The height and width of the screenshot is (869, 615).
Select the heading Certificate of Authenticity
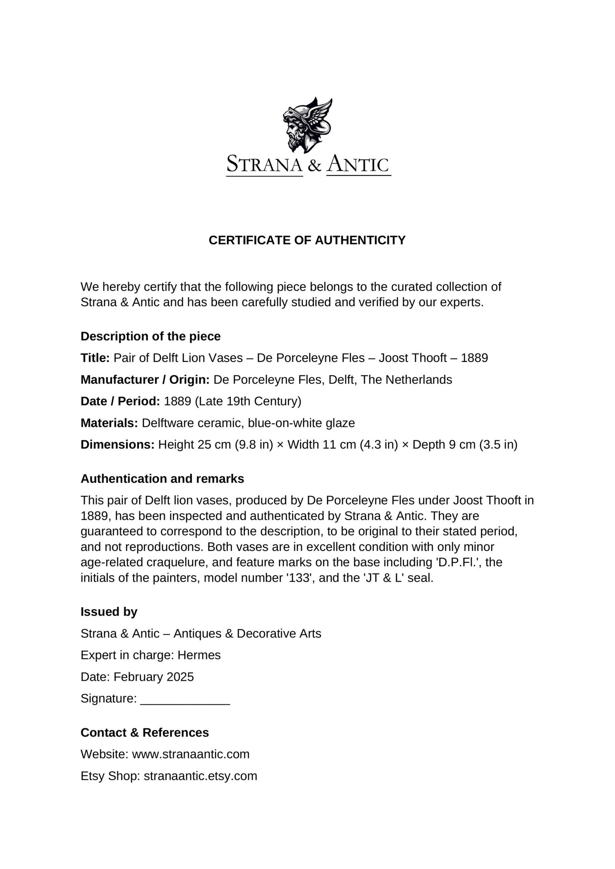click(307, 240)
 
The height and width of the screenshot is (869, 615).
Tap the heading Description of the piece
click(150, 336)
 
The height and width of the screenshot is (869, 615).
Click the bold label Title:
click(95, 358)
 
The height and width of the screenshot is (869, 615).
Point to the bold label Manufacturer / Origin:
click(145, 380)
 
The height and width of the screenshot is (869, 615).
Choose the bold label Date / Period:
click(120, 401)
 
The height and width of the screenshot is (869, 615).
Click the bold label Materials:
click(109, 423)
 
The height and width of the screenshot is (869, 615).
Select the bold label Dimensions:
click(117, 444)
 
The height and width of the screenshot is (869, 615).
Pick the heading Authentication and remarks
click(162, 479)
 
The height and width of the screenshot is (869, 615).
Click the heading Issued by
click(109, 612)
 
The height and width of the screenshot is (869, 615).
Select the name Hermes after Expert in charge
click(199, 655)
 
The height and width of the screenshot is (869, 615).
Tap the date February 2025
click(153, 677)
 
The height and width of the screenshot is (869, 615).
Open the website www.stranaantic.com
click(191, 754)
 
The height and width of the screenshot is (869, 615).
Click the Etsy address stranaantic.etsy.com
click(200, 776)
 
